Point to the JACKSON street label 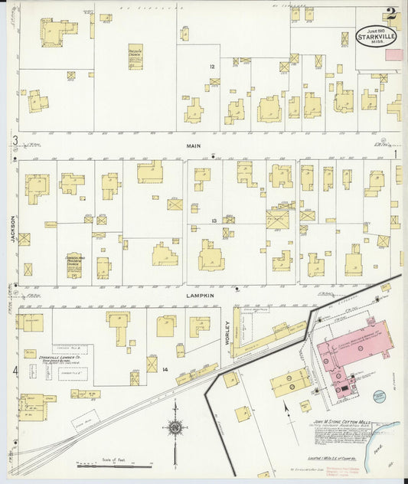[x=13, y=227]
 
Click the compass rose [x=176, y=427]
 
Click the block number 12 [x=213, y=67]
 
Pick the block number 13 [x=215, y=221]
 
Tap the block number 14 [x=165, y=369]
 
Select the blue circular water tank [x=380, y=396]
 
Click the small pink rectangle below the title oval [x=393, y=54]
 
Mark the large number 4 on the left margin [x=14, y=371]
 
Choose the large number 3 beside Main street [x=14, y=140]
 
